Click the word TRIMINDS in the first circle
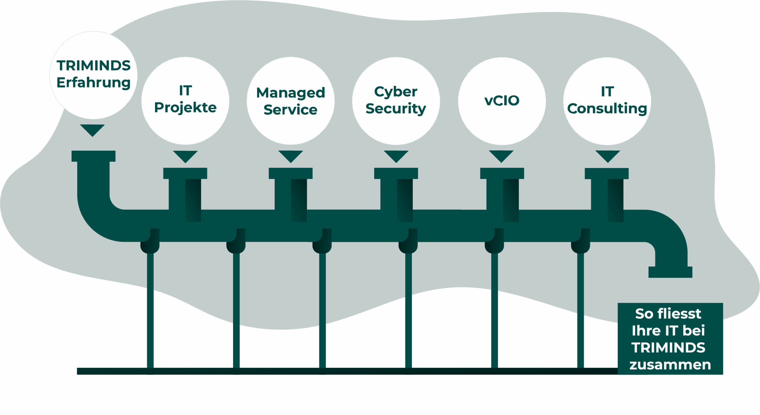coord(94,66)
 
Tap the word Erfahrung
coord(94,83)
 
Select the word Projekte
coord(185,107)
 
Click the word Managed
coord(291,93)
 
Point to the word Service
coord(290,110)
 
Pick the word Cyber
coord(396,92)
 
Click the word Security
coord(396,109)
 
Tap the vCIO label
coord(502,101)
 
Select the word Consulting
coord(607,109)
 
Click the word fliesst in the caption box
coord(679,314)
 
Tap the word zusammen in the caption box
coord(670,365)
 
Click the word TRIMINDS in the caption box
coord(668,348)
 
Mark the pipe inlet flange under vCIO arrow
coord(502,173)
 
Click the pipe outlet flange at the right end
coord(670,272)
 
